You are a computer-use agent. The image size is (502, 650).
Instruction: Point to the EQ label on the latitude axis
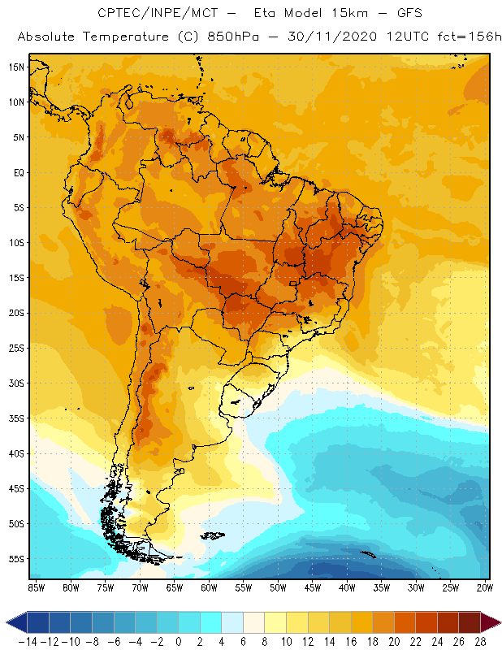[18, 172]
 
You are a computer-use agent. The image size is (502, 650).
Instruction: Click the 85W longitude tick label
[37, 587]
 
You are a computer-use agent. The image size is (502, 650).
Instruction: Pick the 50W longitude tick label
[279, 587]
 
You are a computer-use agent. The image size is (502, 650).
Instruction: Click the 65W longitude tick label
[175, 587]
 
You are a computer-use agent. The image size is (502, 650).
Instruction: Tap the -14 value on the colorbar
[28, 642]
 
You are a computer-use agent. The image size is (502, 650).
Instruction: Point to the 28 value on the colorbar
[481, 642]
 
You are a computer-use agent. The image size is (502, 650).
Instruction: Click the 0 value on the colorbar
[178, 642]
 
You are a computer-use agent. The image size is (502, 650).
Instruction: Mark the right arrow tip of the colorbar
[499, 622]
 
